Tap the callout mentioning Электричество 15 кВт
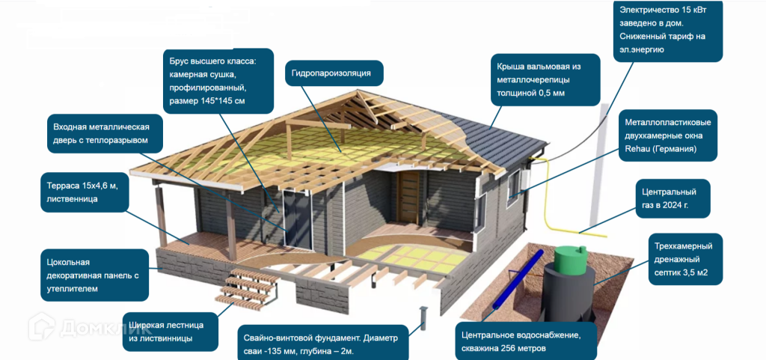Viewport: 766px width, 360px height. pos(667,30)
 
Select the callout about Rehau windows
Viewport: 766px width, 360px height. pos(667,135)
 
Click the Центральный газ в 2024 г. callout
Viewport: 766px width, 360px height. pos(671,198)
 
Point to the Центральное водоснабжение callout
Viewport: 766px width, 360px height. pos(527,341)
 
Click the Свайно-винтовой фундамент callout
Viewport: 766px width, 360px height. pos(322,341)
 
